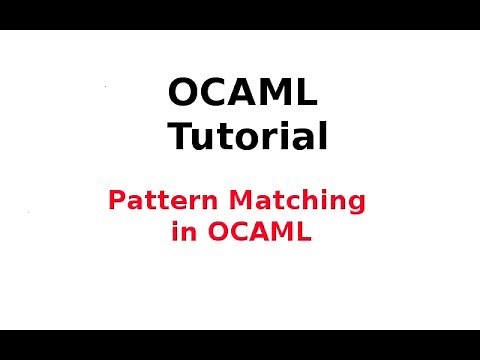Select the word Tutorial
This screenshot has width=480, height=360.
point(247,135)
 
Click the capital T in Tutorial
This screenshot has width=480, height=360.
point(181,135)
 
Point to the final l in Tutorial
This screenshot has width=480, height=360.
point(322,135)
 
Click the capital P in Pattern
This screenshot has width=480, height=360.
point(116,200)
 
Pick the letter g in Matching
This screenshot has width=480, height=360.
point(356,204)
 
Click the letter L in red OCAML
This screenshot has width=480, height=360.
point(304,233)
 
